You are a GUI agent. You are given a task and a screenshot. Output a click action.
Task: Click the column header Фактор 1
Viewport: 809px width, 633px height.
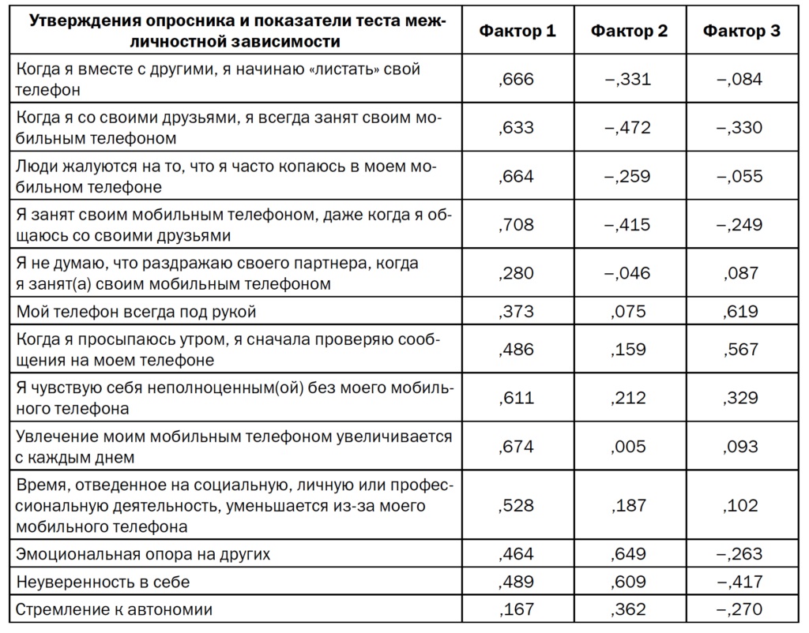(517, 31)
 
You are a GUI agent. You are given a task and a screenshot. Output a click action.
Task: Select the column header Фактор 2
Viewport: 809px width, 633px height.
(629, 31)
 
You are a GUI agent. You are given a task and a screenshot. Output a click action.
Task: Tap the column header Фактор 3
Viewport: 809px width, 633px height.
(741, 31)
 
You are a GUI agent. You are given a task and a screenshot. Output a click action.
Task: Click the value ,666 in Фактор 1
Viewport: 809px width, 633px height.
(517, 79)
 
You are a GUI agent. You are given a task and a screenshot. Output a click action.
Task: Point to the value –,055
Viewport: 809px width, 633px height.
(740, 176)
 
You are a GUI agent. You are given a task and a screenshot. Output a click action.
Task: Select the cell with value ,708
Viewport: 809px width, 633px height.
(517, 225)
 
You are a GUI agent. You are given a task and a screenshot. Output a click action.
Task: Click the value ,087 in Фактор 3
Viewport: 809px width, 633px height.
(740, 273)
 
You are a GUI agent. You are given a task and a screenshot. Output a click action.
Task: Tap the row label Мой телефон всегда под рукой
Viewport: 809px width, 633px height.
(136, 312)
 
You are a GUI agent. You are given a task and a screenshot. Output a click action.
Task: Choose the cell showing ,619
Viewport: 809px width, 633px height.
(740, 312)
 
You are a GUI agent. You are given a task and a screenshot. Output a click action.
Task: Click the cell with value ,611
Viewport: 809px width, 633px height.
(517, 398)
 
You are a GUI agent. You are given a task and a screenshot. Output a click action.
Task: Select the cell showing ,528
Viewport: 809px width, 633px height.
(517, 505)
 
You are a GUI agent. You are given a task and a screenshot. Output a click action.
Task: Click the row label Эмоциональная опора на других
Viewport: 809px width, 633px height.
(143, 554)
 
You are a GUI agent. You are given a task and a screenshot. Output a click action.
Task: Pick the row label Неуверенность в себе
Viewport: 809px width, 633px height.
(103, 582)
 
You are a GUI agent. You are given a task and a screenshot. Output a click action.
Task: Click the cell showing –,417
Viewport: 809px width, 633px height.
(740, 582)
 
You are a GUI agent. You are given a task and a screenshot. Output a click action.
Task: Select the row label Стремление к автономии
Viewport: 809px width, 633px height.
(115, 610)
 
